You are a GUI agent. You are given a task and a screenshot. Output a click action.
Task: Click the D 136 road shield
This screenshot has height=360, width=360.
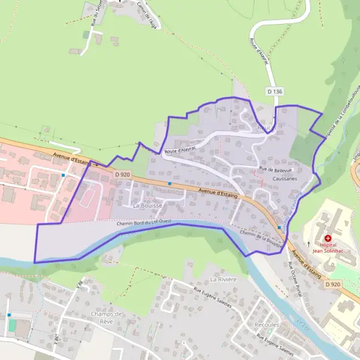coord(274,91)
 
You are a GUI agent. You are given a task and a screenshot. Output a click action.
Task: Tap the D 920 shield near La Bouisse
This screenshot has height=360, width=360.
coord(122,175)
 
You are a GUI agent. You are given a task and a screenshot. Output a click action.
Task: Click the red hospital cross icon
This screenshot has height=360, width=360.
coord(328,238)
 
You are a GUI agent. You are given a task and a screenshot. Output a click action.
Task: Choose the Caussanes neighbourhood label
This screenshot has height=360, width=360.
coord(284,179)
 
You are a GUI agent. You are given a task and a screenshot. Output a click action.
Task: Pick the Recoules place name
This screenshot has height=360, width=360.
coord(267,325)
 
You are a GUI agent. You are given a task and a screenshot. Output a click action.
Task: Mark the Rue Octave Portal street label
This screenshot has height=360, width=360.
coord(295,273)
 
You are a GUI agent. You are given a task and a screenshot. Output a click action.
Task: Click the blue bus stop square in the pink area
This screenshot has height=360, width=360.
coord(63,175)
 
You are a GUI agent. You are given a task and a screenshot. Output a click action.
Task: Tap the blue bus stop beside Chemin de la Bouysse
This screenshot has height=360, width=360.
coord(280,228)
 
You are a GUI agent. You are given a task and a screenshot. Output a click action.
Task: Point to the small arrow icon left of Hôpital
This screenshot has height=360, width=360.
coord(309,244)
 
